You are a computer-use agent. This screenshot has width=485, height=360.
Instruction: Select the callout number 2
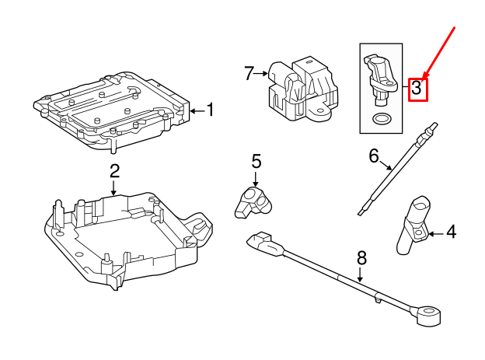pyautogui.click(x=114, y=170)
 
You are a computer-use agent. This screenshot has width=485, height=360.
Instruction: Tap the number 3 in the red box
pyautogui.click(x=417, y=89)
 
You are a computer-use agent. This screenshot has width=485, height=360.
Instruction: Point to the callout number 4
pyautogui.click(x=452, y=232)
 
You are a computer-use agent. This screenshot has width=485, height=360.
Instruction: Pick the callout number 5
pyautogui.click(x=256, y=162)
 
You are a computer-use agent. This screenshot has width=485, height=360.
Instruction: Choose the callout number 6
pyautogui.click(x=374, y=156)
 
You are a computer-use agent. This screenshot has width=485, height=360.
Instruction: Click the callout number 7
pyautogui.click(x=249, y=74)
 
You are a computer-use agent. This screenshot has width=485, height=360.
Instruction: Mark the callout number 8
pyautogui.click(x=361, y=257)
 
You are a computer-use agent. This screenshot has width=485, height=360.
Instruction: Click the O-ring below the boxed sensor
pyautogui.click(x=380, y=120)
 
